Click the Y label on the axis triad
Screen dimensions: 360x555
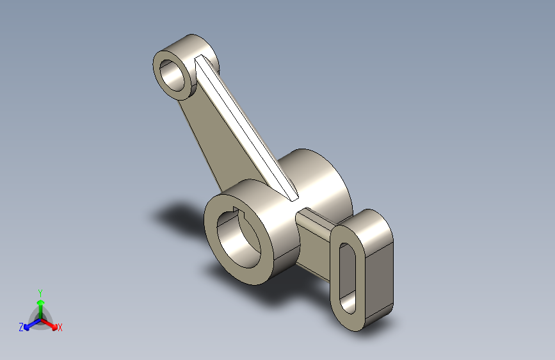tap(40, 292)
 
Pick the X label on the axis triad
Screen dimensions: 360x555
tap(60, 327)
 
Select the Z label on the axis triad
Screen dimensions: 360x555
tap(21, 327)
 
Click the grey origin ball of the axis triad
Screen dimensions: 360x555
tap(40, 318)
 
